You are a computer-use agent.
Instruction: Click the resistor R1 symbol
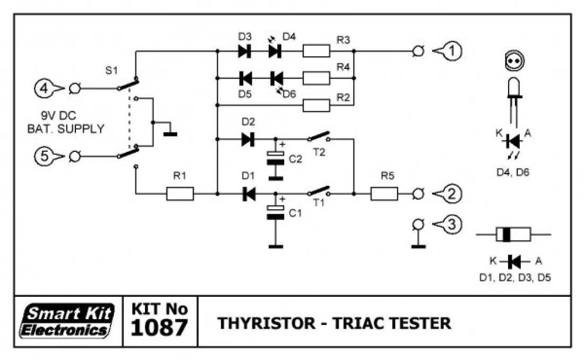(x=180, y=194)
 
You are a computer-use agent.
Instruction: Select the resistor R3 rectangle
(x=316, y=51)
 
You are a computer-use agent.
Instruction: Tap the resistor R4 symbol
(x=316, y=78)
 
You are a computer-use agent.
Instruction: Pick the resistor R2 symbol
(x=316, y=106)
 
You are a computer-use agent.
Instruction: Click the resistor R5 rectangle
(x=384, y=194)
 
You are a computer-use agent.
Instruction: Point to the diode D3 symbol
(x=245, y=51)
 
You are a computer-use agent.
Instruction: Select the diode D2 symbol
(x=248, y=140)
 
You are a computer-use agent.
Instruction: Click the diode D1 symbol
(x=248, y=194)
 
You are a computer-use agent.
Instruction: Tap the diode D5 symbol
(x=245, y=78)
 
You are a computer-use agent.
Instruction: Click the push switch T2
(x=319, y=138)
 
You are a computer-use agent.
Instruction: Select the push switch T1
(x=319, y=192)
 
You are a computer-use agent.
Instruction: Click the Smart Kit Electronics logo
(x=67, y=322)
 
